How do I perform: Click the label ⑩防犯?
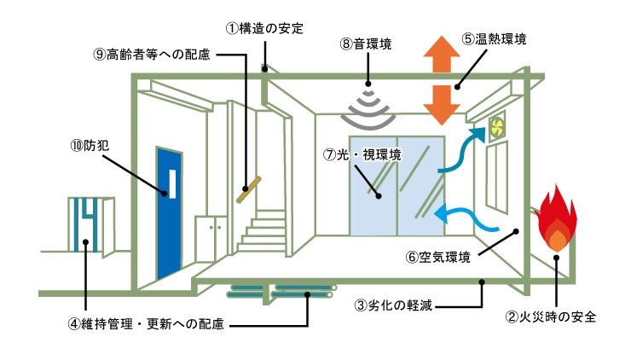tap(84, 144)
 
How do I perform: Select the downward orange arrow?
tap(441, 103)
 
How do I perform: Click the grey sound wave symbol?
tap(369, 101)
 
